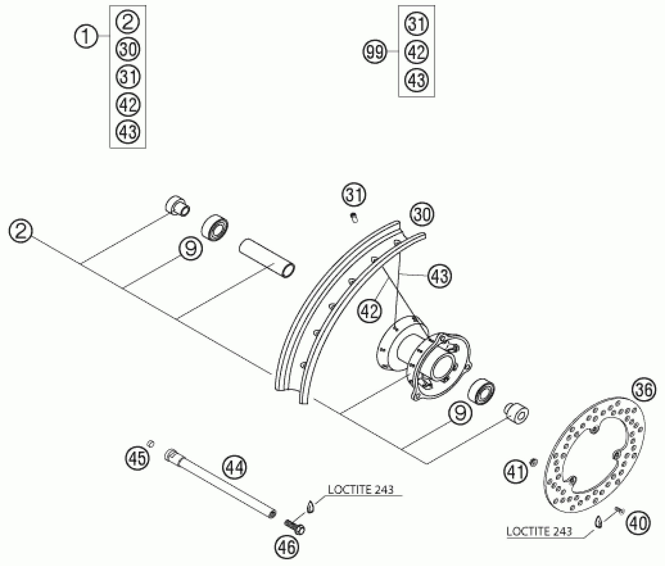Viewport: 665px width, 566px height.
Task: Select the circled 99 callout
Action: pyautogui.click(x=375, y=52)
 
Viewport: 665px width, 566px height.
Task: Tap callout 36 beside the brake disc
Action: pyautogui.click(x=644, y=390)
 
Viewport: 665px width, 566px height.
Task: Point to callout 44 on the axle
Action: pyautogui.click(x=235, y=467)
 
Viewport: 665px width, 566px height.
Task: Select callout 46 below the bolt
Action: pyautogui.click(x=287, y=547)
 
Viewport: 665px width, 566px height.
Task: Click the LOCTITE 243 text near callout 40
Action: pyautogui.click(x=539, y=531)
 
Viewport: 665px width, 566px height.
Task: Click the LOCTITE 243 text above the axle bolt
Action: pyautogui.click(x=360, y=490)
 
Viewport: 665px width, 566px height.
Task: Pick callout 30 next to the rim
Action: pyautogui.click(x=422, y=215)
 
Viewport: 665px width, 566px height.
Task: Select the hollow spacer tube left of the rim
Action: pyautogui.click(x=267, y=262)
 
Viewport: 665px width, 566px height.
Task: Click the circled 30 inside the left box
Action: pyautogui.click(x=128, y=50)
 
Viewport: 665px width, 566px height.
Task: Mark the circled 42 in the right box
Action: pyautogui.click(x=416, y=52)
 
